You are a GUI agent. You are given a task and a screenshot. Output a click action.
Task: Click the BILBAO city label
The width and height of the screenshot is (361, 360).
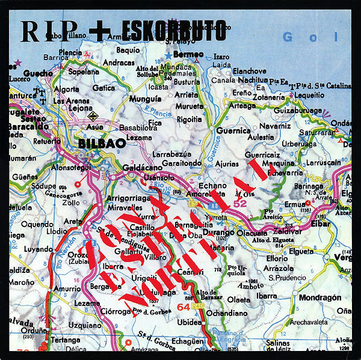pyautogui.click(x=102, y=144)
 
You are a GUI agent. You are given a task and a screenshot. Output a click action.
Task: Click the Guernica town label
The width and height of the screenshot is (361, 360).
pyautogui.click(x=233, y=130)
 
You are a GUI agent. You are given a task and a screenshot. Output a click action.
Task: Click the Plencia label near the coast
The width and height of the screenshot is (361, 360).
pyautogui.click(x=70, y=52)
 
